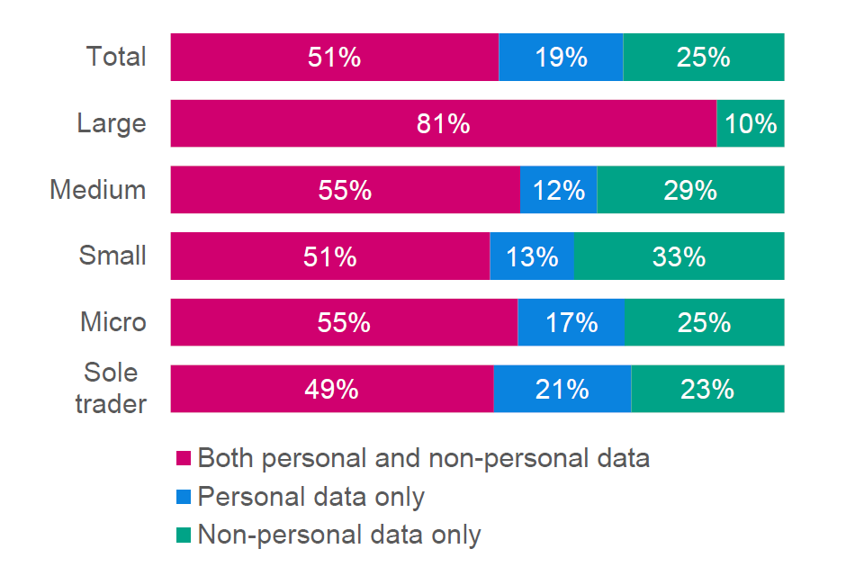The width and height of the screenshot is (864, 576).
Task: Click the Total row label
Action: (x=116, y=58)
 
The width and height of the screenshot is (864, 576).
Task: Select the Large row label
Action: (x=112, y=123)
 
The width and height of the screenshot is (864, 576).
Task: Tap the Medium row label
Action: (x=98, y=190)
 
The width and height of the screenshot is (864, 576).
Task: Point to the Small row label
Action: (x=112, y=256)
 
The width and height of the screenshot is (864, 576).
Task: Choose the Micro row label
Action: (x=113, y=322)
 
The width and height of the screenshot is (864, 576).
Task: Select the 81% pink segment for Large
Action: (x=443, y=123)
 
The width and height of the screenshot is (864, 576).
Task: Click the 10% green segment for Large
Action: (x=751, y=123)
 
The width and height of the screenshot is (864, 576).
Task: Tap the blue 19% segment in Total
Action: (x=561, y=58)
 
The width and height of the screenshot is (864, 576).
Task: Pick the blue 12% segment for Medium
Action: (x=558, y=190)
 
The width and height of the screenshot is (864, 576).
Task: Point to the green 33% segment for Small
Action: (x=679, y=256)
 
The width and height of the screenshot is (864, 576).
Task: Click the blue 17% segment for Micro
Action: (x=571, y=322)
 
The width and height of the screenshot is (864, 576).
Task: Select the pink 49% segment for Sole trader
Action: (x=332, y=389)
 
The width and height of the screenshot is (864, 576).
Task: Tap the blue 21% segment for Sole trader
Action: (x=562, y=389)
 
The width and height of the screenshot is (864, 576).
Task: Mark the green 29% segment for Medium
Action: (x=690, y=190)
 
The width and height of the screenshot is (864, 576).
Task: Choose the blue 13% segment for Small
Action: (x=532, y=256)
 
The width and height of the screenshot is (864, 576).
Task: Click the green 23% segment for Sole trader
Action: (x=707, y=389)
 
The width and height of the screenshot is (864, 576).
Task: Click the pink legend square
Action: (x=184, y=459)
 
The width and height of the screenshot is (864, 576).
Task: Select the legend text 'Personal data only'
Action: (x=310, y=497)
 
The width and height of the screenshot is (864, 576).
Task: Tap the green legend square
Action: (x=184, y=535)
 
